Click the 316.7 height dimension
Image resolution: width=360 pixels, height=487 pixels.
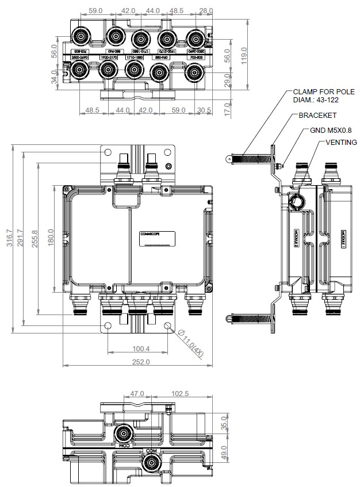9,238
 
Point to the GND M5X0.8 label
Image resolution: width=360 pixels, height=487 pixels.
331,130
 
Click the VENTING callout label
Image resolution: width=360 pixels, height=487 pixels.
341,142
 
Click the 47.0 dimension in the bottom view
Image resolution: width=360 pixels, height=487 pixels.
136,394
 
